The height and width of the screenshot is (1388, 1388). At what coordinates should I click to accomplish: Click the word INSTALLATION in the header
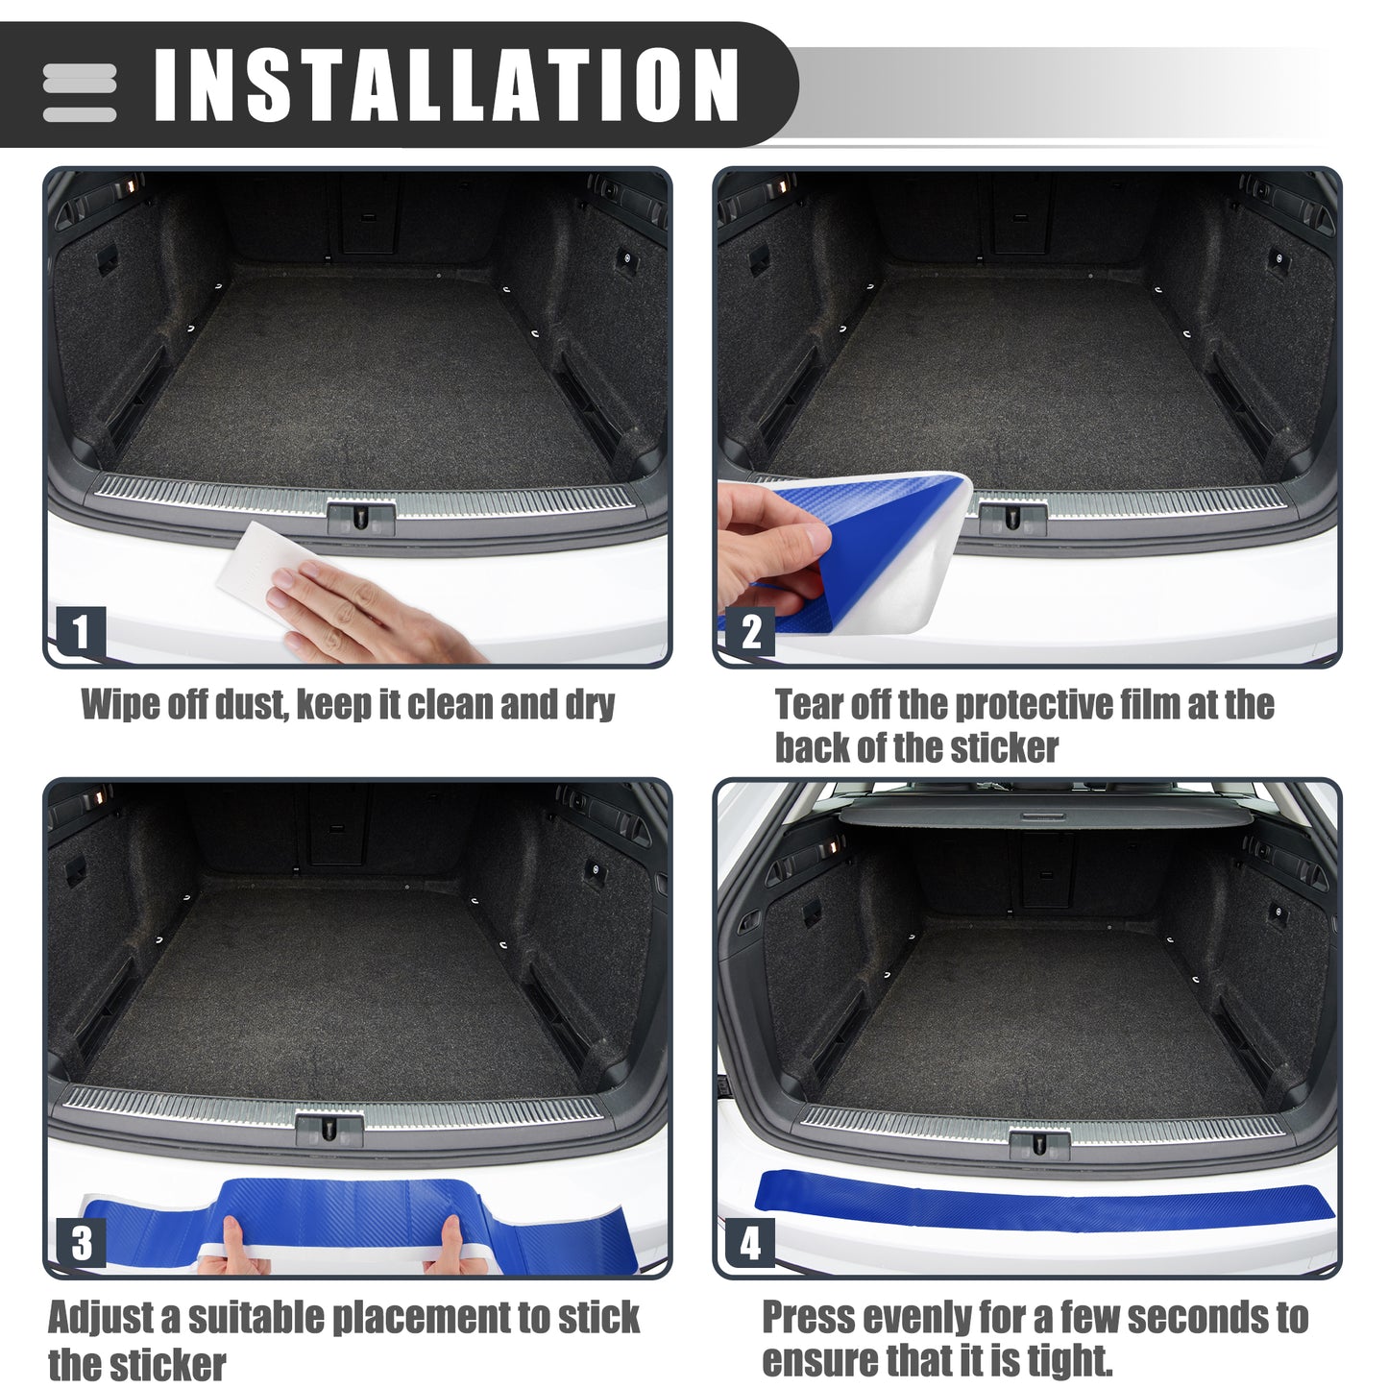pyautogui.click(x=447, y=85)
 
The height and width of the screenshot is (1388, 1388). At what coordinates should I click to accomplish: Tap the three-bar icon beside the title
pyautogui.click(x=79, y=93)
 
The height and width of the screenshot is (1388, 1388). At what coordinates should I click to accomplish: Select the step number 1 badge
pyautogui.click(x=81, y=631)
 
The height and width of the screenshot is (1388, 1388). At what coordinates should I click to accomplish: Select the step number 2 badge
pyautogui.click(x=750, y=631)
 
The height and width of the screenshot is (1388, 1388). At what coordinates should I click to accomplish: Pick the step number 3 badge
pyautogui.click(x=81, y=1243)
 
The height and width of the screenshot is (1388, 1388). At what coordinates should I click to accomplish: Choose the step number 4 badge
pyautogui.click(x=750, y=1243)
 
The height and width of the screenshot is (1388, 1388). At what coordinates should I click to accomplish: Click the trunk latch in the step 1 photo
pyautogui.click(x=361, y=517)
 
